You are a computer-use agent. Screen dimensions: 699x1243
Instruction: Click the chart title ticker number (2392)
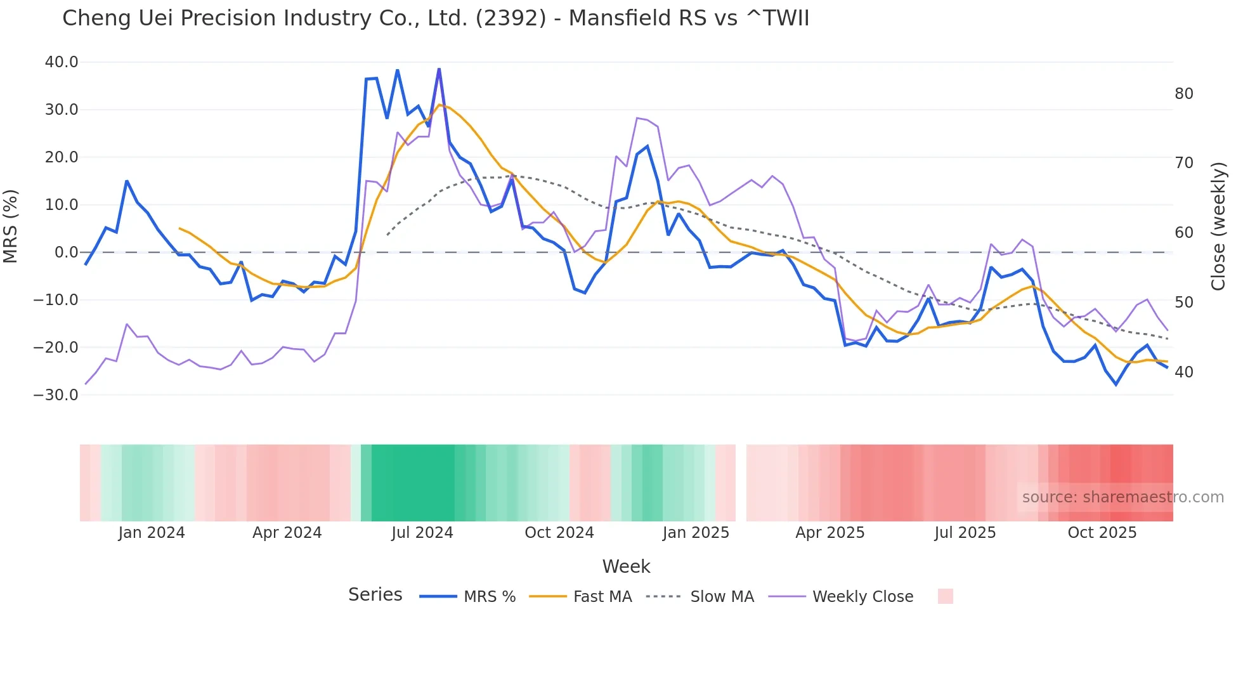510,18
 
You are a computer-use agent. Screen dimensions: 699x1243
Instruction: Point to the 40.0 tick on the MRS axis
62,62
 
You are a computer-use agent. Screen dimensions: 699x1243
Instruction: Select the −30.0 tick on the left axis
56,395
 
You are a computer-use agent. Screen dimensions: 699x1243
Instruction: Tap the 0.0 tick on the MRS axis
67,252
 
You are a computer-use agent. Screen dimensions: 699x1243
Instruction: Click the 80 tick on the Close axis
1183,94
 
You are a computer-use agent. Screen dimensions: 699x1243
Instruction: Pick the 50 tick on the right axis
1183,303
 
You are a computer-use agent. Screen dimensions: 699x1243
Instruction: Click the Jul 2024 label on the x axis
422,533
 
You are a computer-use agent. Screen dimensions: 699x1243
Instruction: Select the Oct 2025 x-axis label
1102,533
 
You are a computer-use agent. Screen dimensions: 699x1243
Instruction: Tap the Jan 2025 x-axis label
696,533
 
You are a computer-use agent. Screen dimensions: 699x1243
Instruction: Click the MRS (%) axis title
11,226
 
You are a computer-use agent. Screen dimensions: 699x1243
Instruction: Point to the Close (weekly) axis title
1218,226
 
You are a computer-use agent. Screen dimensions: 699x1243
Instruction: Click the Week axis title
626,566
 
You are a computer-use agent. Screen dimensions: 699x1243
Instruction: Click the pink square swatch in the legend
945,596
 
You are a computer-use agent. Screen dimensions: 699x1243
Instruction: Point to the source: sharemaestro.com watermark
1123,497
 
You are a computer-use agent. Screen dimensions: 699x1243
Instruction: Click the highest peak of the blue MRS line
439,69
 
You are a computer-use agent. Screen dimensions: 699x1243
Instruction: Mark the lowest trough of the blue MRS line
1116,384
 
